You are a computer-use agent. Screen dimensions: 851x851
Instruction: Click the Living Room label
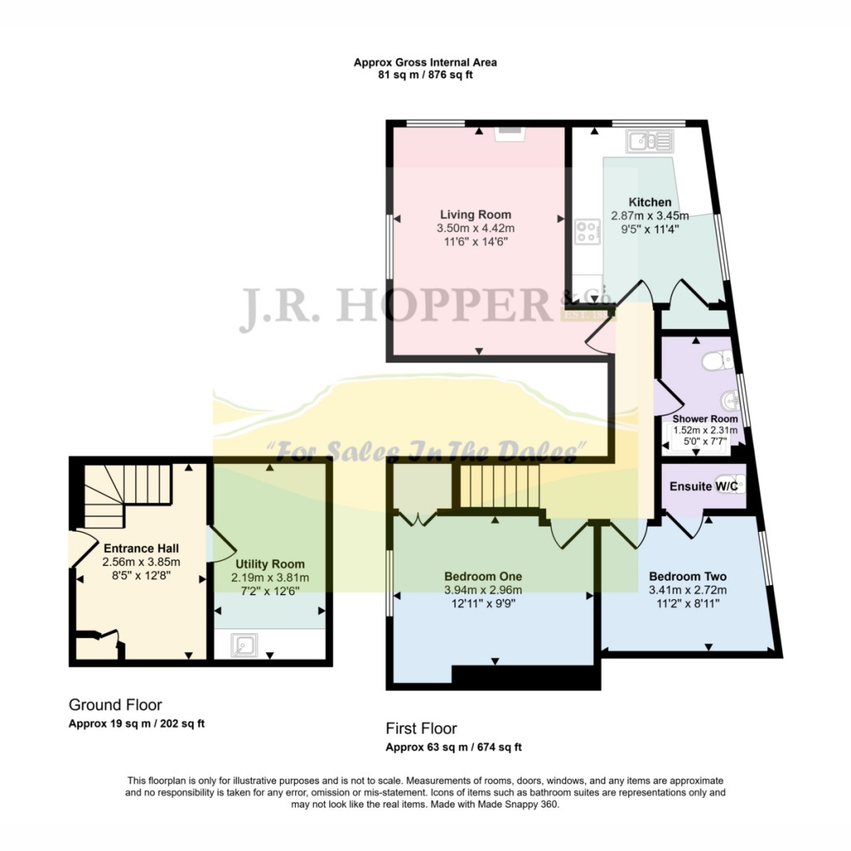click(x=475, y=214)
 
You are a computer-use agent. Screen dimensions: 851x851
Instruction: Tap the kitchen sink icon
click(x=650, y=141)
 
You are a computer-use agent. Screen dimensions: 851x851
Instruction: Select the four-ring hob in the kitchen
click(x=588, y=232)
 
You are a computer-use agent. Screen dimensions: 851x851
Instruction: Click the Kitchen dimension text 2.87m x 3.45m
click(x=650, y=215)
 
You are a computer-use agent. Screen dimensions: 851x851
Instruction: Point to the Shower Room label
click(x=705, y=419)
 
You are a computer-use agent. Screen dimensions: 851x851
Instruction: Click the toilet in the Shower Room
click(x=717, y=360)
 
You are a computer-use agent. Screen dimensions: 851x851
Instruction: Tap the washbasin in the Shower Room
click(x=730, y=401)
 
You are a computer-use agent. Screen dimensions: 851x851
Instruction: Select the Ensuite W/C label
click(x=704, y=486)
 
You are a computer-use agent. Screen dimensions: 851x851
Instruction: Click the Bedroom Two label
click(x=687, y=577)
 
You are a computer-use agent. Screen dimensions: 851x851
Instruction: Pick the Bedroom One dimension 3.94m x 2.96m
click(x=483, y=590)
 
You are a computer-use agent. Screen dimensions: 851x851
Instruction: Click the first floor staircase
click(x=499, y=485)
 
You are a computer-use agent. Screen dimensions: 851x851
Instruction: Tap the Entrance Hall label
click(x=141, y=548)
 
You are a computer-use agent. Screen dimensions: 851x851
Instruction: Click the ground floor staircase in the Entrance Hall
click(x=127, y=495)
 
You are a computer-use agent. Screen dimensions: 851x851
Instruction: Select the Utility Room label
click(x=270, y=564)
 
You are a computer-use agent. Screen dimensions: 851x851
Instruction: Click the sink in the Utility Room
click(x=243, y=645)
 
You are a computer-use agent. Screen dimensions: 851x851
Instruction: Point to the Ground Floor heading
click(x=115, y=705)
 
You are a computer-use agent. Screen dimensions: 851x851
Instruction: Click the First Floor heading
click(x=421, y=728)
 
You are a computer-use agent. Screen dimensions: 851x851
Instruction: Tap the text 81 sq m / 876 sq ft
click(x=425, y=75)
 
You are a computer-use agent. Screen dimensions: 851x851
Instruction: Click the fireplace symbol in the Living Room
click(x=509, y=134)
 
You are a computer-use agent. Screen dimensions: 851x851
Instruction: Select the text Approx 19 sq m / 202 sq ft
click(x=136, y=724)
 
